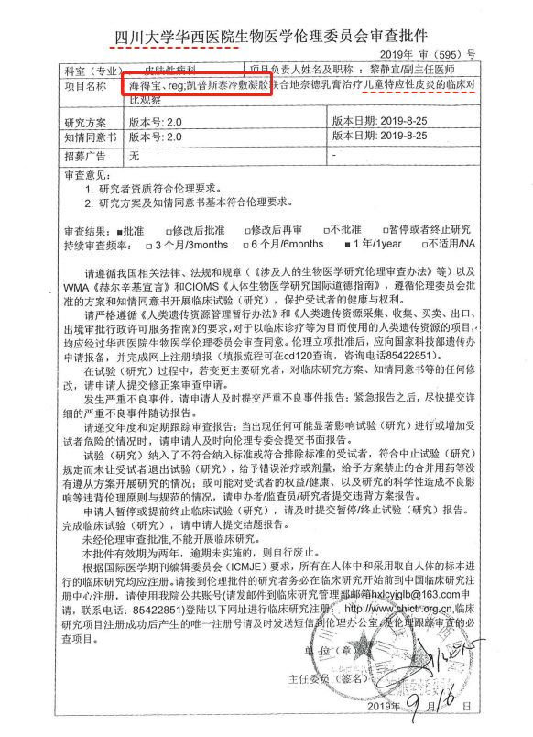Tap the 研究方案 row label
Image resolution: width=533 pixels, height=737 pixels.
pos(86,121)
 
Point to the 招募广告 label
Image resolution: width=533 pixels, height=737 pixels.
pos(86,155)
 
